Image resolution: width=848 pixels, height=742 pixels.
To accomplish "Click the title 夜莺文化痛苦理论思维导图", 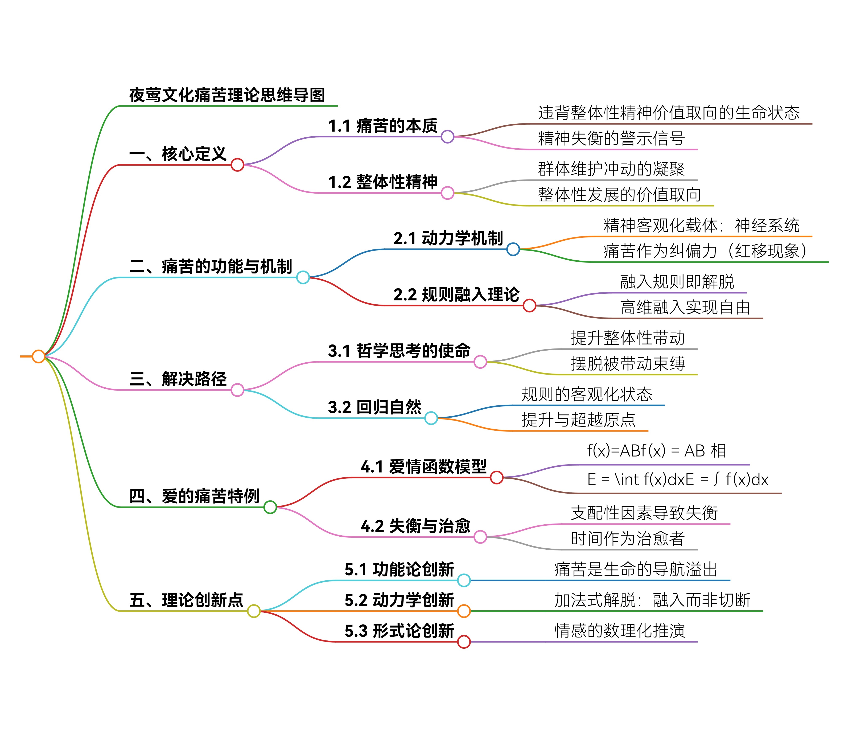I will (227, 95).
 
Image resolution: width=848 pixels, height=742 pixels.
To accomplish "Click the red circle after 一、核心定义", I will (237, 165).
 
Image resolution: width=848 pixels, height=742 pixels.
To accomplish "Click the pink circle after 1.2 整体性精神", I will (448, 193).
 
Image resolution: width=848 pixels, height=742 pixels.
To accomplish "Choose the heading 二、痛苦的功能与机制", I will (210, 267).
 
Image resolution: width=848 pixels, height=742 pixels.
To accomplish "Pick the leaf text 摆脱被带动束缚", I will (628, 364).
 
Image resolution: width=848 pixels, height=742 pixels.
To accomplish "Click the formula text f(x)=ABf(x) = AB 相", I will (657, 450).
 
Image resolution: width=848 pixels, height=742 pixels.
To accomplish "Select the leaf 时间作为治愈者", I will (628, 538).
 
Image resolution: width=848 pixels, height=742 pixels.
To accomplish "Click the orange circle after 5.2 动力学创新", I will (464, 611).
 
